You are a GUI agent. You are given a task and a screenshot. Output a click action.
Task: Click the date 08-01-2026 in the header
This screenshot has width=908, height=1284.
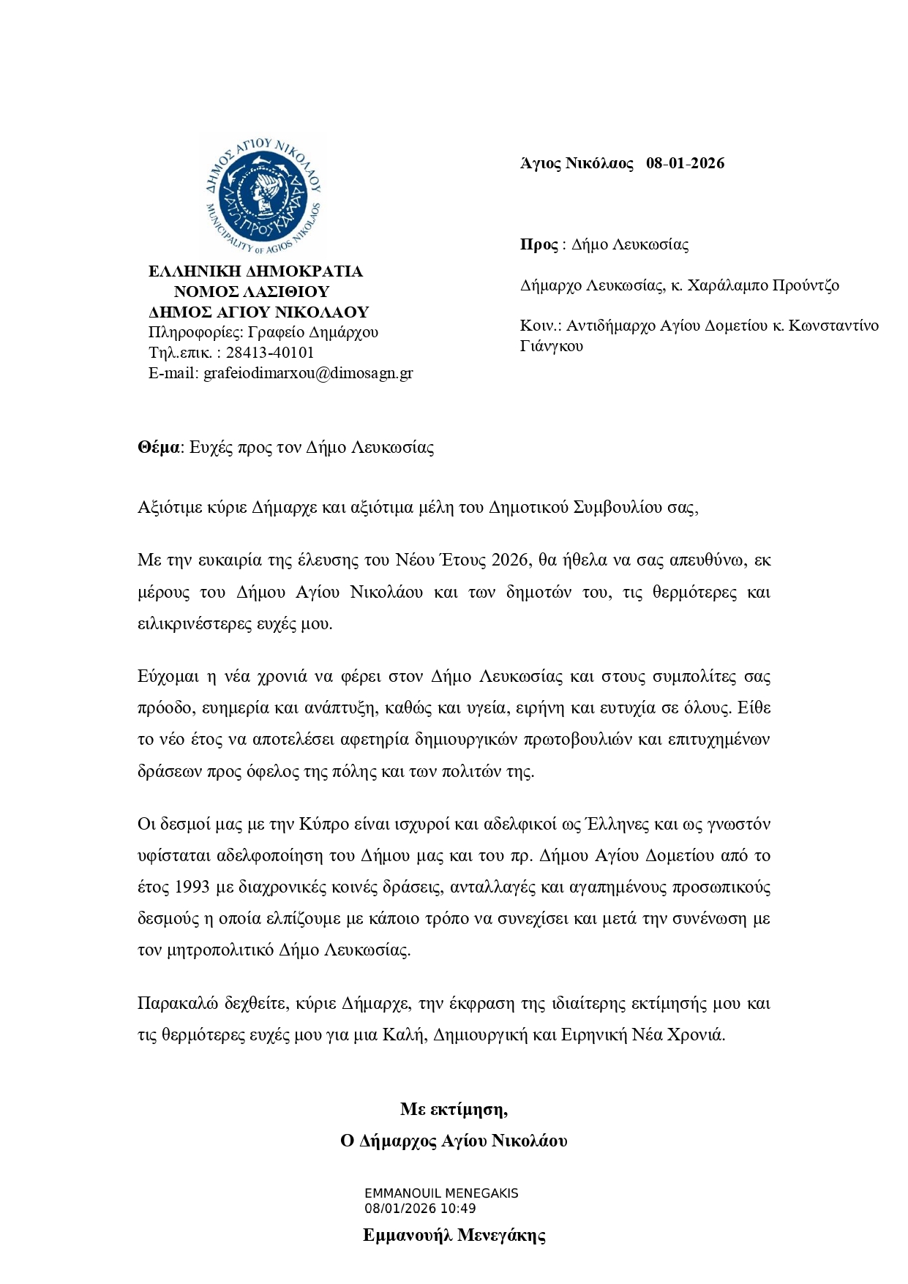[685, 163]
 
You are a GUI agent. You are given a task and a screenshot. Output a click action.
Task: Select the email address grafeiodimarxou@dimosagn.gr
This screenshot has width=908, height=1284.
[308, 373]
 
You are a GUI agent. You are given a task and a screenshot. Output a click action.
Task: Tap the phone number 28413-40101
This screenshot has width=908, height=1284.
[270, 353]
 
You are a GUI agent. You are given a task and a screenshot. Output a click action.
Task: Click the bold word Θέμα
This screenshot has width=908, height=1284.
[158, 448]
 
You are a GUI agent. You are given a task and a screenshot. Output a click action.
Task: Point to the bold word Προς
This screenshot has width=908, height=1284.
[539, 244]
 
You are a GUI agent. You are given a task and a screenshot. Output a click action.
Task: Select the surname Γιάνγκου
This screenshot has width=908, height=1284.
[552, 346]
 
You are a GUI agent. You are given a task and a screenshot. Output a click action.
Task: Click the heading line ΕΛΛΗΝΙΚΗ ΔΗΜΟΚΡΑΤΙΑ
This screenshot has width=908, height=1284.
[255, 271]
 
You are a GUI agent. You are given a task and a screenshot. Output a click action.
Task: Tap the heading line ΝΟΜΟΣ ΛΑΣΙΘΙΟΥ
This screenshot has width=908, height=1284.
[252, 292]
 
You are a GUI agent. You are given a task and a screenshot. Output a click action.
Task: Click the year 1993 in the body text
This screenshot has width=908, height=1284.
[193, 887]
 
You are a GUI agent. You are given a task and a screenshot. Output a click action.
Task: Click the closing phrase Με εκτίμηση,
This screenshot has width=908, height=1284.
[454, 1109]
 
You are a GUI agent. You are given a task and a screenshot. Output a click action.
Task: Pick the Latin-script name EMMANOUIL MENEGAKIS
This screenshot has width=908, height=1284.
[441, 1193]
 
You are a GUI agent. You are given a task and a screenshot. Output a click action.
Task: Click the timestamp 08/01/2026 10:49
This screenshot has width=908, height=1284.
[420, 1208]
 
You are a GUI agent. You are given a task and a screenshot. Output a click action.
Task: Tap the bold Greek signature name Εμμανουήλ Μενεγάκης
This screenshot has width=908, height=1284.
[454, 1236]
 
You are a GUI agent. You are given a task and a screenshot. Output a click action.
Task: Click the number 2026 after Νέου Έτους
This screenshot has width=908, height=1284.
[510, 560]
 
